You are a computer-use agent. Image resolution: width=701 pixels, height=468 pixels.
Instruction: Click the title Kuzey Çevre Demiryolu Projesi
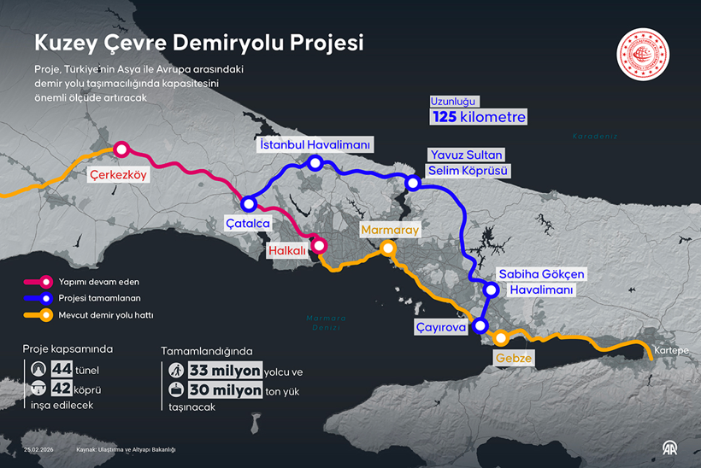(198, 43)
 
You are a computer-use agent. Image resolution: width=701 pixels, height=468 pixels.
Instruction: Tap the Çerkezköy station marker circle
(121, 149)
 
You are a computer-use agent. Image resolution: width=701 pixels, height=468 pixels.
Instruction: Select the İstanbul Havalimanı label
(315, 145)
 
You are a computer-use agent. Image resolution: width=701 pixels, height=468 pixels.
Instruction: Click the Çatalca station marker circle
(249, 204)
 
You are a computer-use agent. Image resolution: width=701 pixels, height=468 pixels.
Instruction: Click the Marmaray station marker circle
(387, 249)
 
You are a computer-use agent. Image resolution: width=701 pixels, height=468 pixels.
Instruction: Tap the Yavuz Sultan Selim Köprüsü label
(468, 162)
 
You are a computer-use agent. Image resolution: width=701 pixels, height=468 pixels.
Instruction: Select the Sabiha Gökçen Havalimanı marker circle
(491, 290)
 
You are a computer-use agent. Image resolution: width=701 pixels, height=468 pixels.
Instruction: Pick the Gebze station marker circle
(502, 336)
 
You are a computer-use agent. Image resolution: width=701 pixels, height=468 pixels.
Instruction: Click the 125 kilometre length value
(478, 116)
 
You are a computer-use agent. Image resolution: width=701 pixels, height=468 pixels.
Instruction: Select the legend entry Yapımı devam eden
(99, 281)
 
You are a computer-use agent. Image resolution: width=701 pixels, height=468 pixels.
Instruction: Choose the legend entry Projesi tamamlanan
(100, 298)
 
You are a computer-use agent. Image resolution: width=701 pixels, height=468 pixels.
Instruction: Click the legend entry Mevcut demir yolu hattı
(106, 315)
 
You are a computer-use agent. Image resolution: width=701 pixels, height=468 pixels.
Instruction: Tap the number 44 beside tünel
(62, 369)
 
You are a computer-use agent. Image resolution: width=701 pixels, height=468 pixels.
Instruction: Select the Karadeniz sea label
(595, 136)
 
